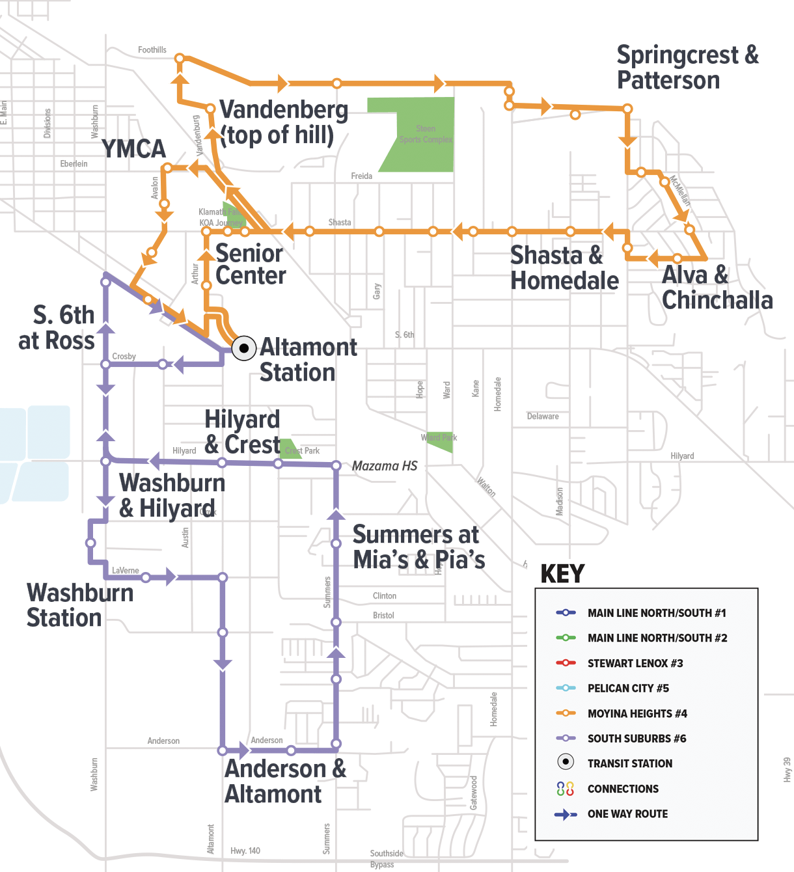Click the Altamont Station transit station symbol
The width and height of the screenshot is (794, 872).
(244, 348)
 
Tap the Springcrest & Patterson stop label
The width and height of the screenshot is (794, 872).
(687, 68)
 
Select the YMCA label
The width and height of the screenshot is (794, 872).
(134, 149)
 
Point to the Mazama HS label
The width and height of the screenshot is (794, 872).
(384, 466)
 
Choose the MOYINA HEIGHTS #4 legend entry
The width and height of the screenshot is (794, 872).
(637, 713)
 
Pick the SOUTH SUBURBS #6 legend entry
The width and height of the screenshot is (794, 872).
(636, 739)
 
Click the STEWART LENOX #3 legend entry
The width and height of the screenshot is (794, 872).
(635, 663)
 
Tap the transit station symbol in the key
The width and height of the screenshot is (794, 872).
(566, 762)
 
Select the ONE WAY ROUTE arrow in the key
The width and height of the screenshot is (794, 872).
(566, 814)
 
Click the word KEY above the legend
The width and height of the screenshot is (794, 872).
(562, 574)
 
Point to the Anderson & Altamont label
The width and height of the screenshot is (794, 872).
(285, 782)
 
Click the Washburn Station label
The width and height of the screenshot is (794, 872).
(79, 605)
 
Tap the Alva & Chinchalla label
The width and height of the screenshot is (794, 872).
(717, 288)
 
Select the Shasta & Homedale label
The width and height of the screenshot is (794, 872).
(564, 268)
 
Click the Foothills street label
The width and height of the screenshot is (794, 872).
(152, 50)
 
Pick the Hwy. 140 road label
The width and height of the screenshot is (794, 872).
(245, 851)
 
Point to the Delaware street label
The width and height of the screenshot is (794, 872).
(543, 416)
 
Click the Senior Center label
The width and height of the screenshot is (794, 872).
(250, 264)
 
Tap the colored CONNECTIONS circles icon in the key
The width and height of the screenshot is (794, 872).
(566, 789)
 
